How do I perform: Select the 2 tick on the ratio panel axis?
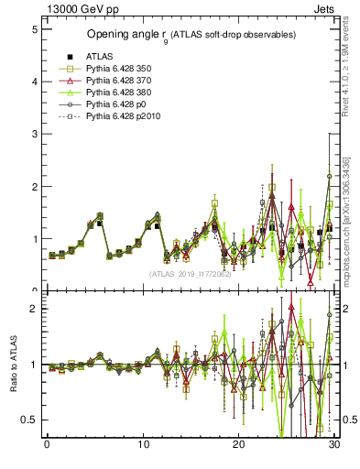[x=33, y=309]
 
